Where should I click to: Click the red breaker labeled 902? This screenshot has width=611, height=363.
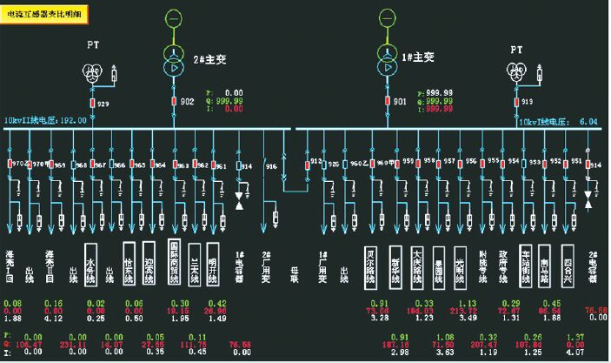[175, 102]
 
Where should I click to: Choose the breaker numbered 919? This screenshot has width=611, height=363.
[515, 102]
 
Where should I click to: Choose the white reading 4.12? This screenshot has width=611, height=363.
[54, 318]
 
